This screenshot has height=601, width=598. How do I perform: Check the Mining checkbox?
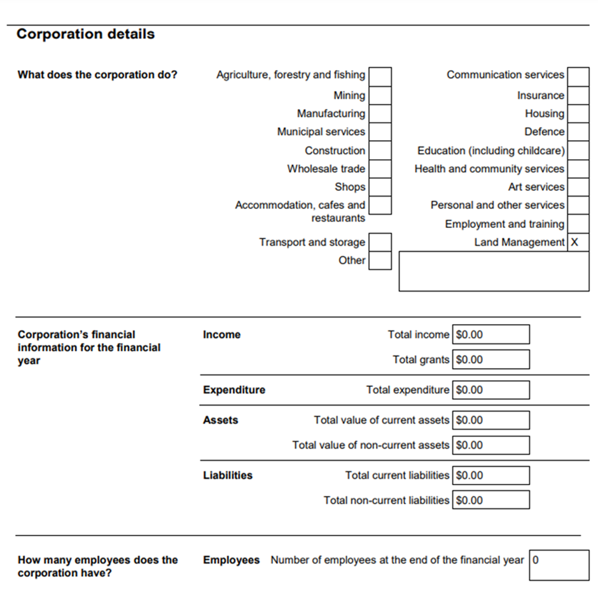(380, 95)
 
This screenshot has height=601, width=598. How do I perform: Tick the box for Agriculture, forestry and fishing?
(380, 76)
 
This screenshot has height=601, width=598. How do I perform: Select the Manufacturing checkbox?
(380, 114)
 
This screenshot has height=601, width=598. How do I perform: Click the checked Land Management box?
(578, 243)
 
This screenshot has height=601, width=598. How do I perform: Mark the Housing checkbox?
(578, 114)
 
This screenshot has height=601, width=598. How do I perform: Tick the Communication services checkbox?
(578, 76)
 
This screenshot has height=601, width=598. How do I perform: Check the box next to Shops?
(380, 187)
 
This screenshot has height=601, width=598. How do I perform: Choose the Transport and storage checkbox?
(380, 243)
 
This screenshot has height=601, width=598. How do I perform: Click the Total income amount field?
(490, 335)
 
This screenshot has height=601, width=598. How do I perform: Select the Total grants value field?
(490, 360)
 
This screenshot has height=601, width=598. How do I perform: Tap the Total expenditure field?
(490, 390)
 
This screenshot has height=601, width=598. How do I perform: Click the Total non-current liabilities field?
(490, 500)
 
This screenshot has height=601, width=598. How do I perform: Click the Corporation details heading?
(85, 34)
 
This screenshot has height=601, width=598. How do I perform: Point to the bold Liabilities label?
(228, 476)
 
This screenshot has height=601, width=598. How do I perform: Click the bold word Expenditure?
(234, 390)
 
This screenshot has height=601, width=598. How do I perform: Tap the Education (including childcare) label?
(490, 151)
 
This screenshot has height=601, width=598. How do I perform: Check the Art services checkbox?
(578, 187)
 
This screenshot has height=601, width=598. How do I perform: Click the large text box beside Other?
(494, 271)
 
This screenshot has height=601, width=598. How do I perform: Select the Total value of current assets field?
(490, 420)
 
